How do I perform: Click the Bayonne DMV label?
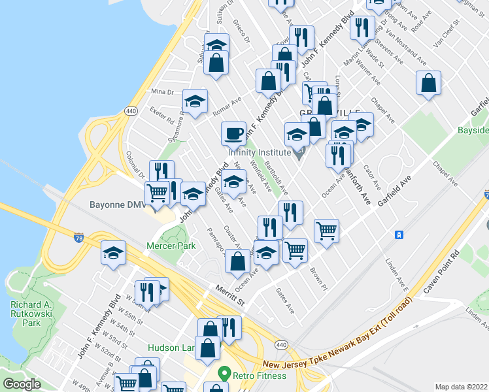[118, 204]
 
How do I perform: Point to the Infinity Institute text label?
[259, 152]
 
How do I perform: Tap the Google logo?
[22, 384]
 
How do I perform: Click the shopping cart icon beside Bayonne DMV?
[158, 193]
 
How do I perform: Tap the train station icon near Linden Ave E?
[397, 235]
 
